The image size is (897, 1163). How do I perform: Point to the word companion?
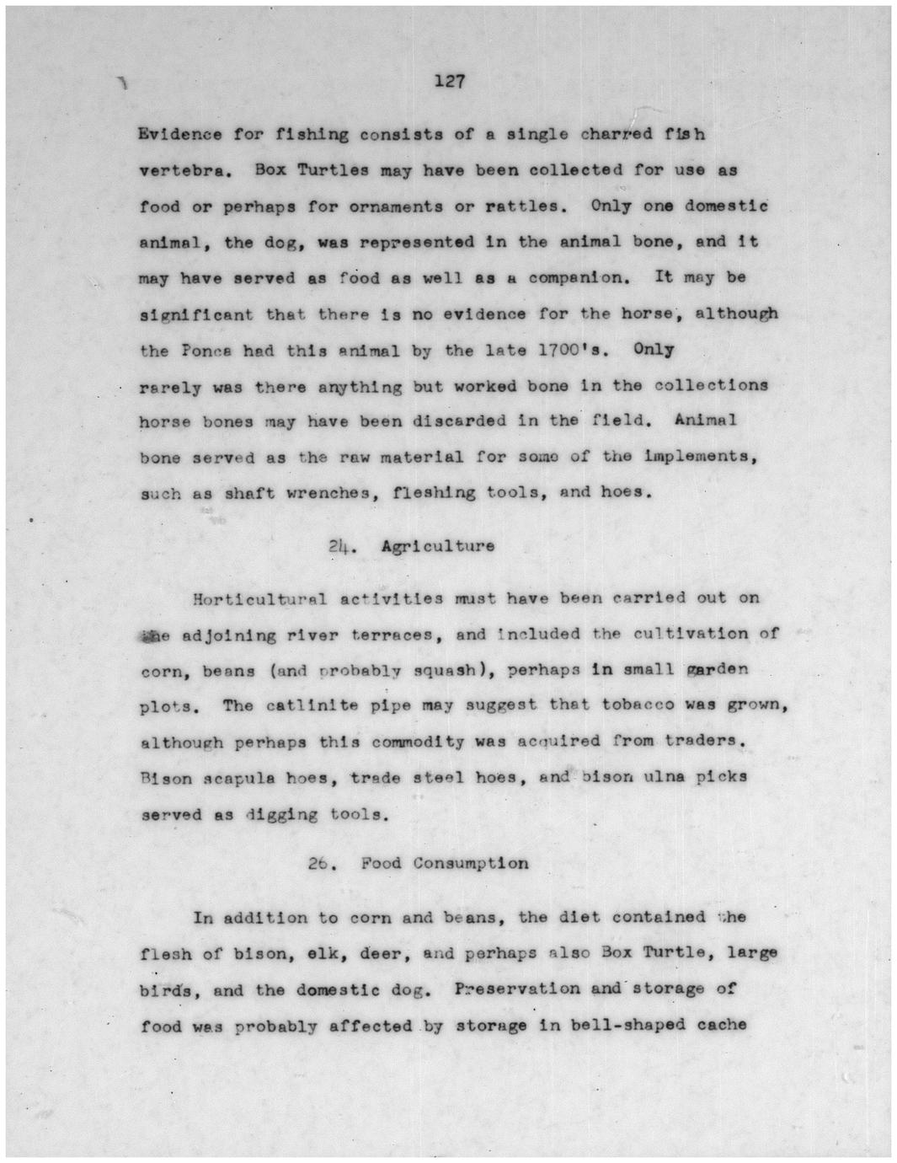pyautogui.click(x=578, y=277)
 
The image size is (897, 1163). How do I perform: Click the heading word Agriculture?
pyautogui.click(x=438, y=546)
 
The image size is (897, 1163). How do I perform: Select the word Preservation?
pyautogui.click(x=517, y=989)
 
